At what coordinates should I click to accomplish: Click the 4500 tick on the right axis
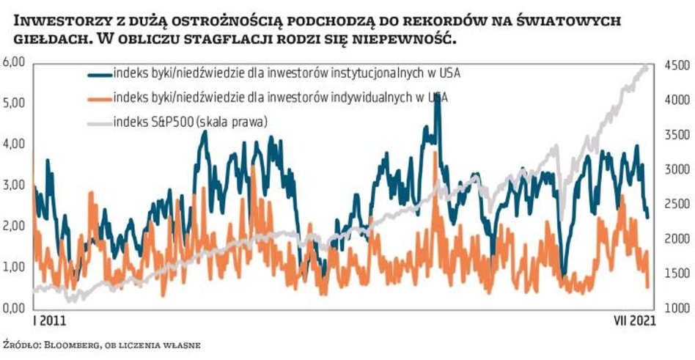(x=675, y=66)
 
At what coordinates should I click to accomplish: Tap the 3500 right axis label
(x=675, y=136)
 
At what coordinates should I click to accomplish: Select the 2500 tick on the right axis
(x=675, y=205)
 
